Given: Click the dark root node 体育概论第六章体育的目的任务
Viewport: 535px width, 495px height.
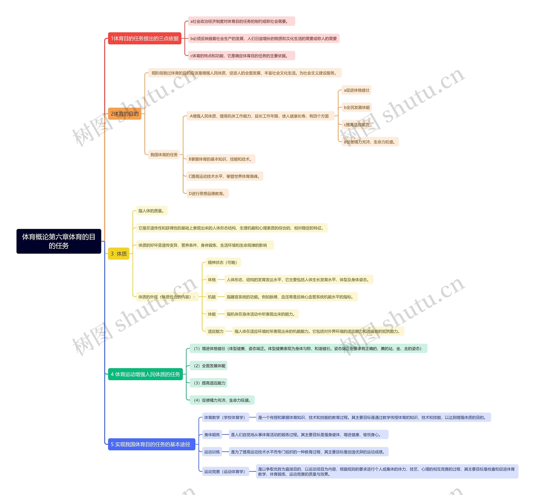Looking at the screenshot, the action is point(59,241).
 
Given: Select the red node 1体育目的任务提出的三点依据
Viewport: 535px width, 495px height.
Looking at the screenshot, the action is point(145,38).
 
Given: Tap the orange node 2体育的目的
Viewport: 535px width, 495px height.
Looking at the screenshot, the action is point(124,114).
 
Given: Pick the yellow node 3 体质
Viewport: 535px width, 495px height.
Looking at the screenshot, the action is point(118,254).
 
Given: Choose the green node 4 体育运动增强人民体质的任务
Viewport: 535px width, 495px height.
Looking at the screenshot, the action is point(145,374).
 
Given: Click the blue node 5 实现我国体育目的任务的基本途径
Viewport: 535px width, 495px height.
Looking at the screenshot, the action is point(152,444).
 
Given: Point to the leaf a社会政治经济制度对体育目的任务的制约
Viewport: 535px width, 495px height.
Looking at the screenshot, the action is point(241,21).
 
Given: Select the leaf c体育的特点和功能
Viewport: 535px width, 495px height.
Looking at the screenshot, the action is point(241,56).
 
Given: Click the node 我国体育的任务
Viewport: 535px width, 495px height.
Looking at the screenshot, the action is point(164,155).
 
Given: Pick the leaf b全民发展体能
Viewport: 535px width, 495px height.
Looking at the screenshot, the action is point(357,107).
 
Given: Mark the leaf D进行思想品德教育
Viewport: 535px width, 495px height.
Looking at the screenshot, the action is point(207,193).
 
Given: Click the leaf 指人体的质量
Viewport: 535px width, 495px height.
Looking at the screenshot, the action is point(152,211).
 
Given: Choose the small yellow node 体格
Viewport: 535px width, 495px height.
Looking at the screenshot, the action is point(211,280).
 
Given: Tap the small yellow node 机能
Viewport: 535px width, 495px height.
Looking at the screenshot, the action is point(211,297).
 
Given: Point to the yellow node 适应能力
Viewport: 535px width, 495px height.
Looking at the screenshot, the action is point(215,331).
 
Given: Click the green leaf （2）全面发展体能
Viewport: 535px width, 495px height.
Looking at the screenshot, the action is point(209,366).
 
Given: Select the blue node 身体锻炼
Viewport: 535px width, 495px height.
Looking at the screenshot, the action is point(212,435).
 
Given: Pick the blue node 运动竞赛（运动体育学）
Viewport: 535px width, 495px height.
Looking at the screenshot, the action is point(225,471).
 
